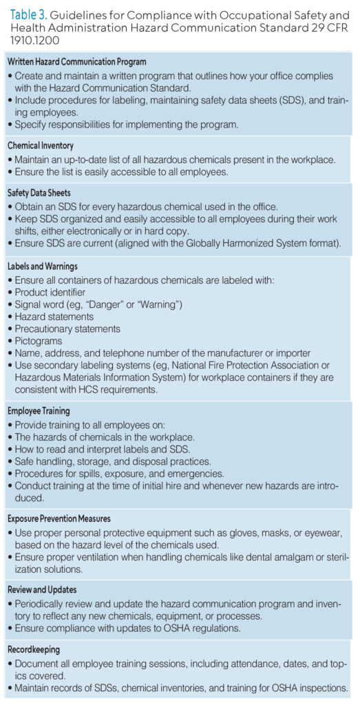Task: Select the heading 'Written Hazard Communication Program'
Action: point(76,62)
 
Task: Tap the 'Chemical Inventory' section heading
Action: point(41,146)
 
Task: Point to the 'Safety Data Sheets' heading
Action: point(39,193)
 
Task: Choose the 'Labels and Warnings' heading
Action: point(43,266)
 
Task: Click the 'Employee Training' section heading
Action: point(39,411)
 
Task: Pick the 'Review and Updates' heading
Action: point(42,589)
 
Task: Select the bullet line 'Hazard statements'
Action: point(54,317)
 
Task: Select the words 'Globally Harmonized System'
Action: point(242,242)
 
